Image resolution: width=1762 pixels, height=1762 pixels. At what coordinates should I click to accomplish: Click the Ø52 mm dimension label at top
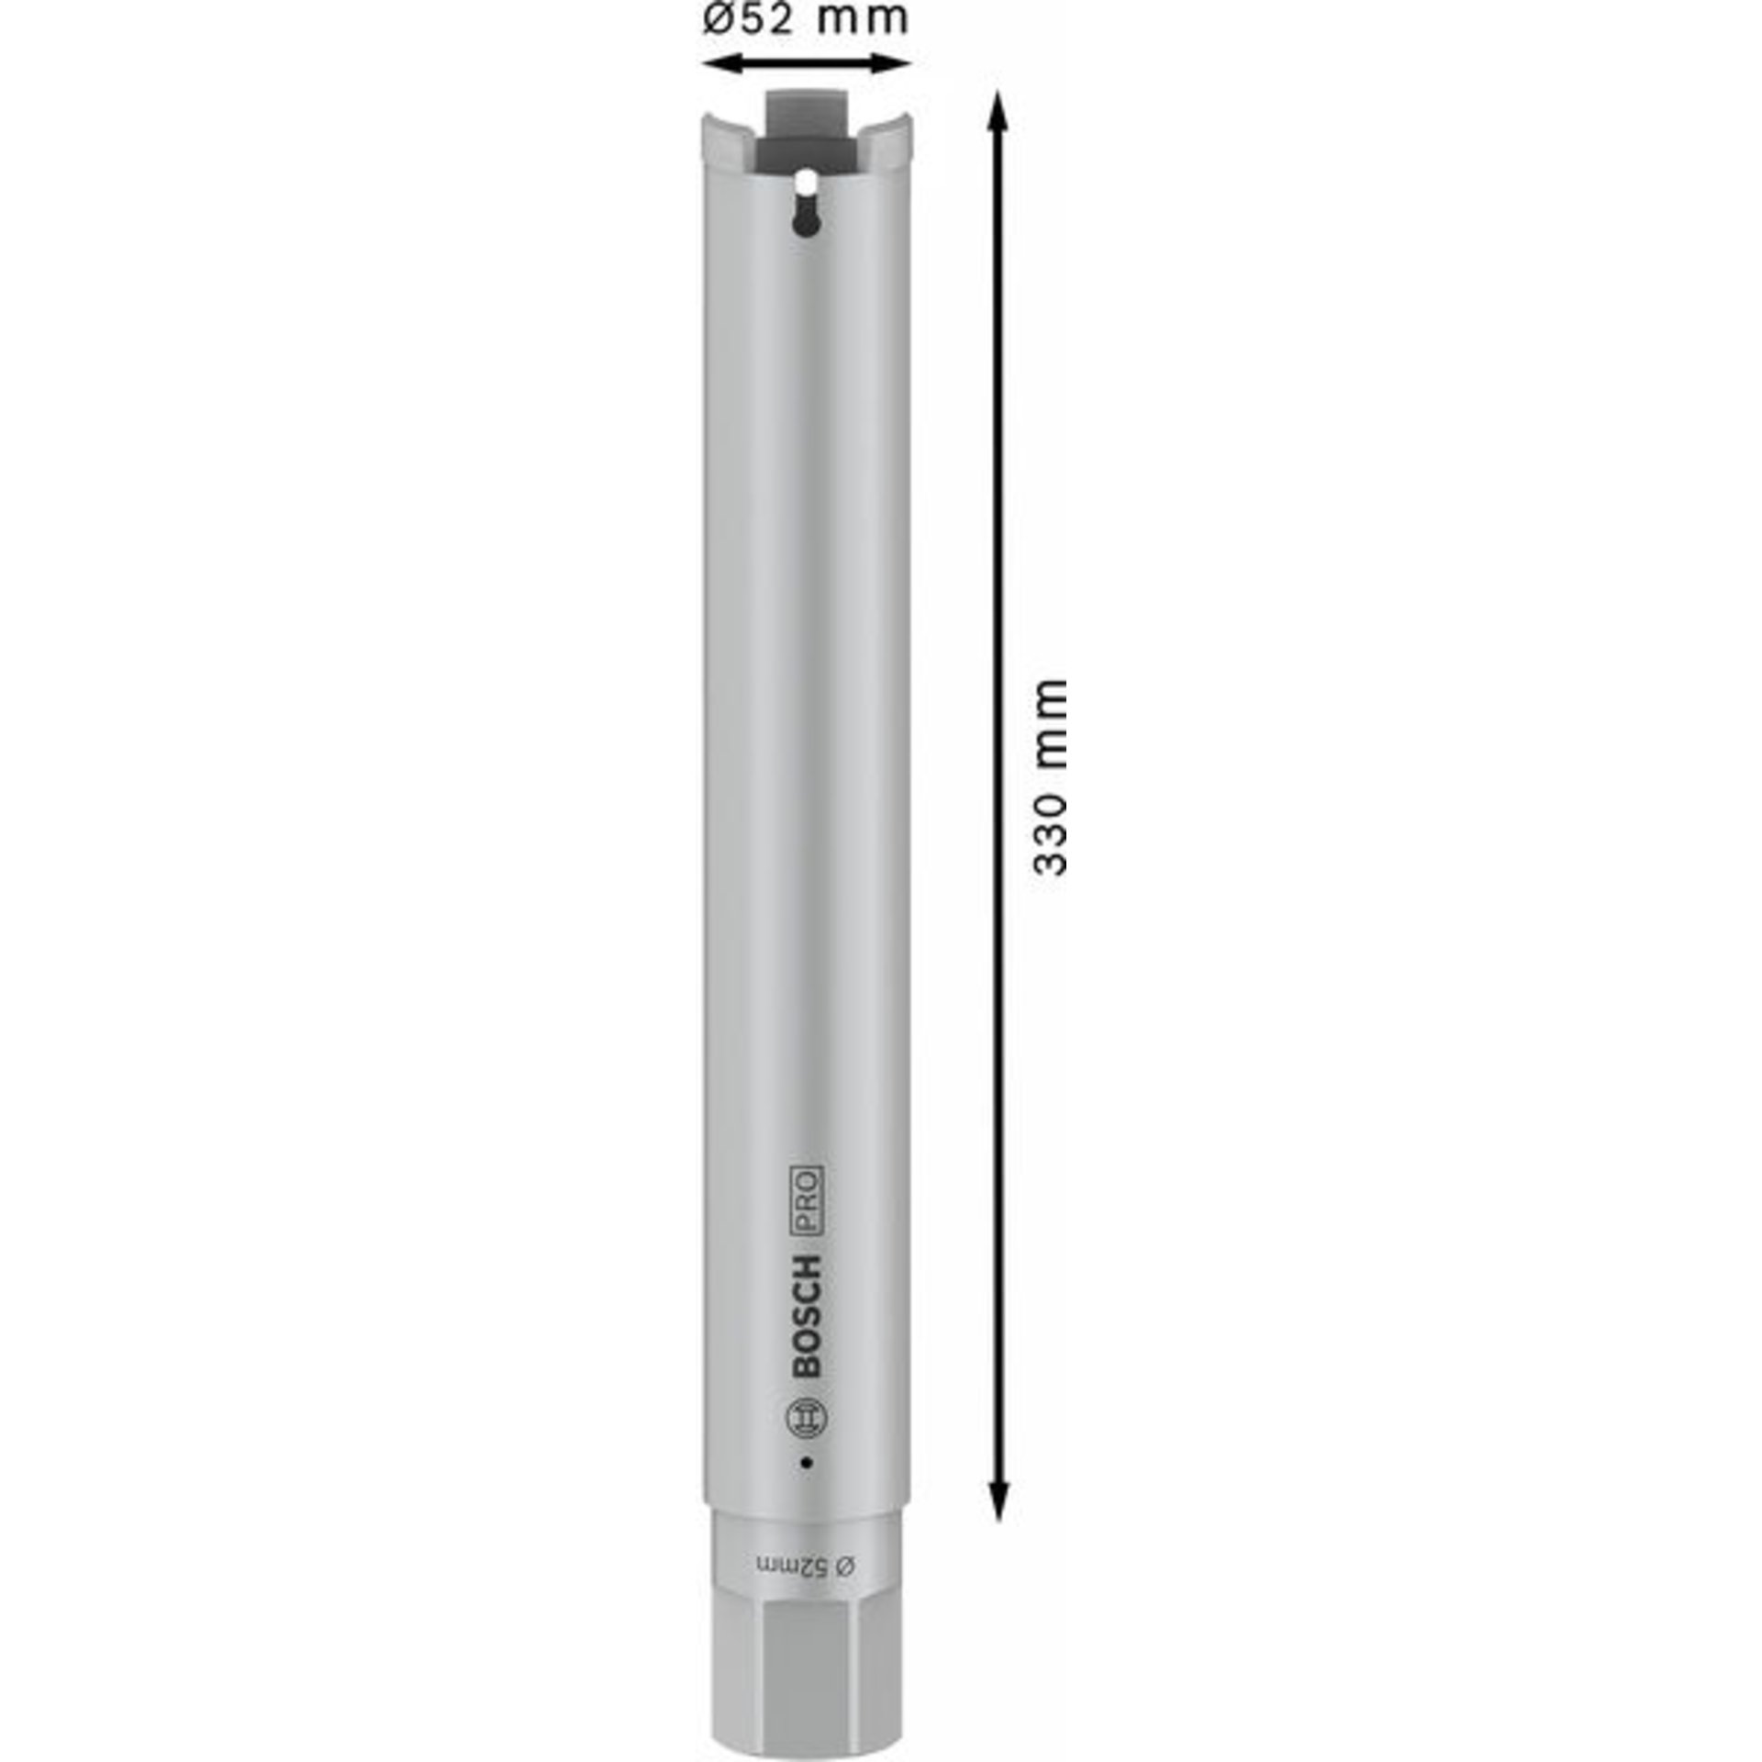tap(805, 18)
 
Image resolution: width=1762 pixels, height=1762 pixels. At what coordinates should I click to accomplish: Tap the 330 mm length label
tap(1051, 777)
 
